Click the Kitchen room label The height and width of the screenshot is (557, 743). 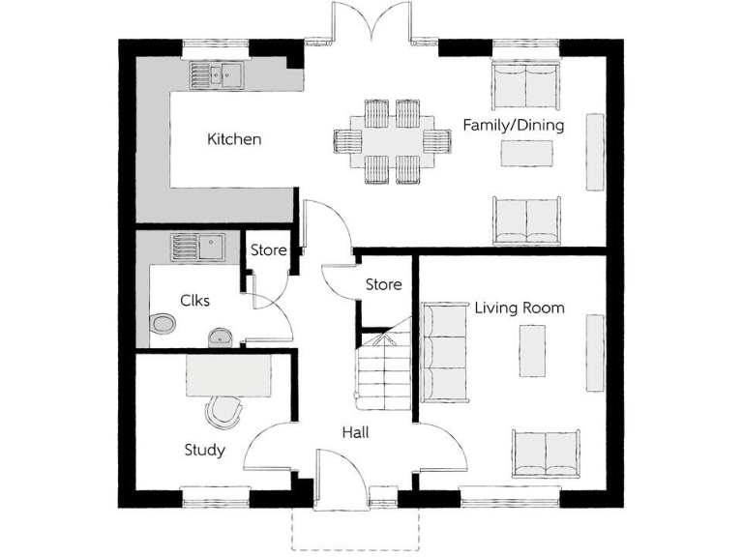[x=234, y=139]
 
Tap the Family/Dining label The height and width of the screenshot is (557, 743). [x=513, y=126]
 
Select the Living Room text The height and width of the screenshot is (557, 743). [x=520, y=308]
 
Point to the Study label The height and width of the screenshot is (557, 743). [x=204, y=450]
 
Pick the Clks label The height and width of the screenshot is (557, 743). [x=194, y=300]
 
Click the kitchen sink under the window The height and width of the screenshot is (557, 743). [x=216, y=74]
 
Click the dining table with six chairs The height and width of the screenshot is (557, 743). [x=392, y=141]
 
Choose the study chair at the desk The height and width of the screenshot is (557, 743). [x=224, y=412]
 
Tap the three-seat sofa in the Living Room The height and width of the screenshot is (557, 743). [x=443, y=352]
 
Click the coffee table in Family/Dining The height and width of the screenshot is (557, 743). [x=527, y=153]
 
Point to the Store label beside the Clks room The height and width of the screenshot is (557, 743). [x=268, y=250]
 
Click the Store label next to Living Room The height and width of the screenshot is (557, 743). [x=383, y=284]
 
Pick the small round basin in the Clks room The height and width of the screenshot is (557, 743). [x=222, y=336]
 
